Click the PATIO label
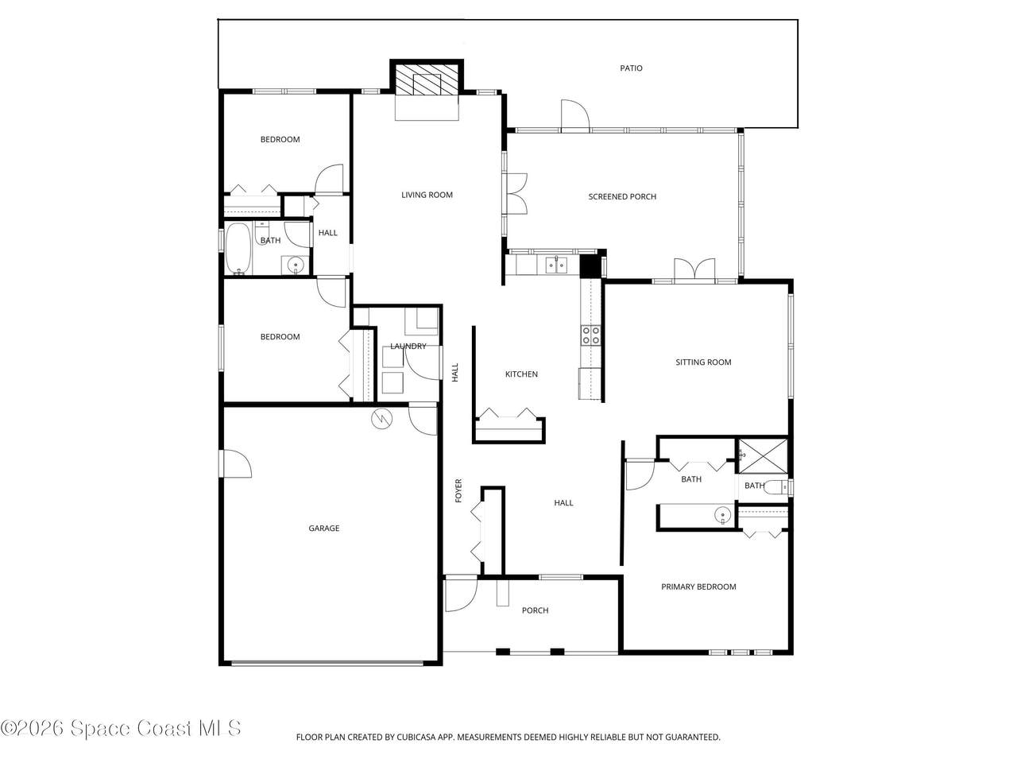pos(631,68)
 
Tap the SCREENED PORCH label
pos(622,196)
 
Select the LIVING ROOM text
pos(427,195)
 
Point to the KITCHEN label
pos(521,374)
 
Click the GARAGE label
pos(324,528)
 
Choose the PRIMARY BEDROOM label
pos(698,587)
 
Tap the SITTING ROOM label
pos(703,362)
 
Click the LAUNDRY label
pos(408,346)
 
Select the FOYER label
pos(458,490)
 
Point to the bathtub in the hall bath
pos(238,249)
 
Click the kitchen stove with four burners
pos(591,335)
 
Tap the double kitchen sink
pos(555,265)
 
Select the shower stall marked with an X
pos(763,456)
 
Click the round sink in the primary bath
pos(722,515)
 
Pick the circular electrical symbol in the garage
pos(382,419)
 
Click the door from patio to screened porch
pos(575,116)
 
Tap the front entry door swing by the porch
pos(461,595)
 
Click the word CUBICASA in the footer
pos(416,737)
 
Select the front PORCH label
pos(536,610)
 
